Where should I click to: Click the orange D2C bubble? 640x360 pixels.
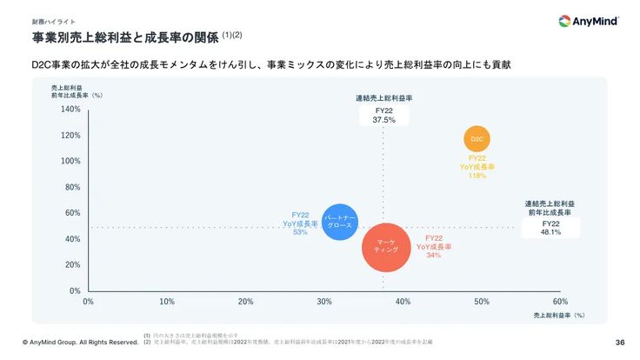pyautogui.click(x=477, y=138)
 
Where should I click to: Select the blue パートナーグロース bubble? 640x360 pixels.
pyautogui.click(x=339, y=221)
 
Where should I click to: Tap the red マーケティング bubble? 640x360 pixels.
pyautogui.click(x=385, y=246)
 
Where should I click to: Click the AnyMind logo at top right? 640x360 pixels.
pyautogui.click(x=589, y=22)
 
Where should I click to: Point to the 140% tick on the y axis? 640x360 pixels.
pyautogui.click(x=71, y=110)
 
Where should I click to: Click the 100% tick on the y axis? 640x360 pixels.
pyautogui.click(x=71, y=161)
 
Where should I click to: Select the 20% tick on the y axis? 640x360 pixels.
pyautogui.click(x=73, y=264)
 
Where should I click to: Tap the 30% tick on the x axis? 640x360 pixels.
pyautogui.click(x=324, y=301)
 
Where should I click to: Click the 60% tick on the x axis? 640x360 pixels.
pyautogui.click(x=560, y=301)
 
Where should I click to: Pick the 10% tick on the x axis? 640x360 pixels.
pyautogui.click(x=167, y=301)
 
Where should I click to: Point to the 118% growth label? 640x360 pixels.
pyautogui.click(x=477, y=176)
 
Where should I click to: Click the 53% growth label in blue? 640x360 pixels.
pyautogui.click(x=301, y=232)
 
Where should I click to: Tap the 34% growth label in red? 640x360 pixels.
pyautogui.click(x=434, y=255)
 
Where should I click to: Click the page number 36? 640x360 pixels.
pyautogui.click(x=620, y=342)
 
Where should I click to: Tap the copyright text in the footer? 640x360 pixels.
pyautogui.click(x=80, y=342)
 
